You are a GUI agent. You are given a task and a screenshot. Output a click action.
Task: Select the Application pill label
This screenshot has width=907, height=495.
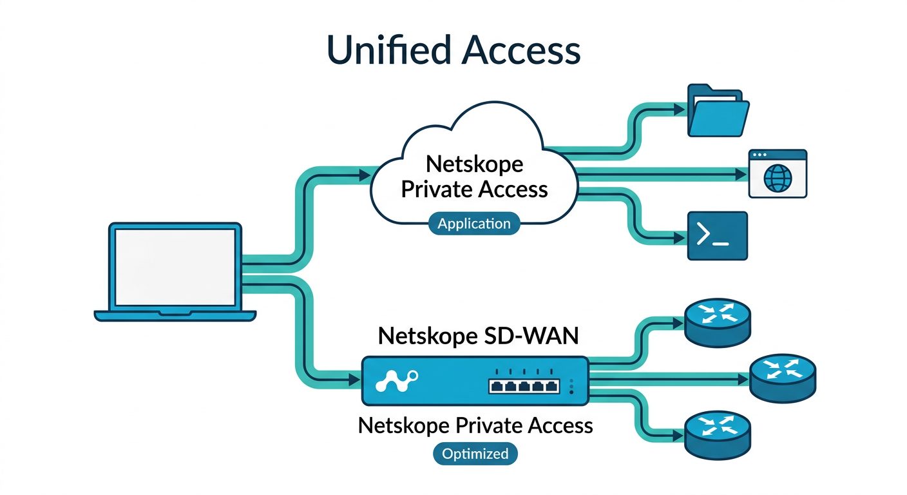pos(473,224)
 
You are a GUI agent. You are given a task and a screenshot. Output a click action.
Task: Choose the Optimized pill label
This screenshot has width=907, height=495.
pos(475,453)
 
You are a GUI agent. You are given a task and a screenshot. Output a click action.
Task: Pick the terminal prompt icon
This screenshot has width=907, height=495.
pos(718,236)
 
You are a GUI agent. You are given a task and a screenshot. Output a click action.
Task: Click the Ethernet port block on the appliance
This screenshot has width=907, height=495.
pos(523,386)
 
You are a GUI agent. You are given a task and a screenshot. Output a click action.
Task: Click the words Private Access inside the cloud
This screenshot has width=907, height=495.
pos(475,189)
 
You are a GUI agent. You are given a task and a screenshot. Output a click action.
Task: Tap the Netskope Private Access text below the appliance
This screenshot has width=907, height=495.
pos(475,425)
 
